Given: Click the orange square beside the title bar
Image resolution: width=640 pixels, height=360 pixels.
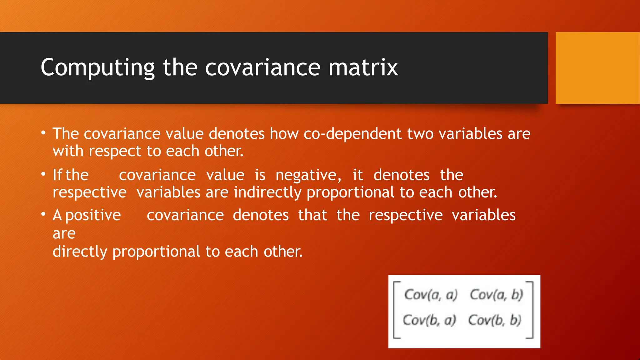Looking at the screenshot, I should [x=597, y=68].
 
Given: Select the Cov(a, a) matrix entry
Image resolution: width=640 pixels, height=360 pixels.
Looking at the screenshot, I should [x=431, y=295].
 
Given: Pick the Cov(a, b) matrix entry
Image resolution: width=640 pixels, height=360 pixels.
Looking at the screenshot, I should [x=496, y=295].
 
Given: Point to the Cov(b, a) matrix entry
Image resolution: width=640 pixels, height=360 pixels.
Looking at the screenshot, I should [x=429, y=320].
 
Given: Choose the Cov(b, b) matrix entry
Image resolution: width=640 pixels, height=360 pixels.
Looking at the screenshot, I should [x=495, y=320].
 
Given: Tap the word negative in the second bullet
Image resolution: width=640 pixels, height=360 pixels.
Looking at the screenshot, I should [x=308, y=175].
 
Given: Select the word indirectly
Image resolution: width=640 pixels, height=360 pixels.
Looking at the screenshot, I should [x=267, y=192].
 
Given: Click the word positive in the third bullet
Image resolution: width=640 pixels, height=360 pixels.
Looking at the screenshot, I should [x=93, y=215].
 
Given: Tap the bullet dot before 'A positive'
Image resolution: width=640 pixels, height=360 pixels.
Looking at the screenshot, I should [x=43, y=215].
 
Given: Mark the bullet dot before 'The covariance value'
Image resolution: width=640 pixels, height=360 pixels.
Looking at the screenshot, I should [x=43, y=133].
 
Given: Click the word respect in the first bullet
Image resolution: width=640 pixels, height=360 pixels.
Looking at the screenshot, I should [x=115, y=152].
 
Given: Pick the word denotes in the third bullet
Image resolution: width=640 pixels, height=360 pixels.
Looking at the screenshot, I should [x=261, y=215].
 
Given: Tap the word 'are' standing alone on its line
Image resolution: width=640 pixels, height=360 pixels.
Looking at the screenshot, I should [x=64, y=233].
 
